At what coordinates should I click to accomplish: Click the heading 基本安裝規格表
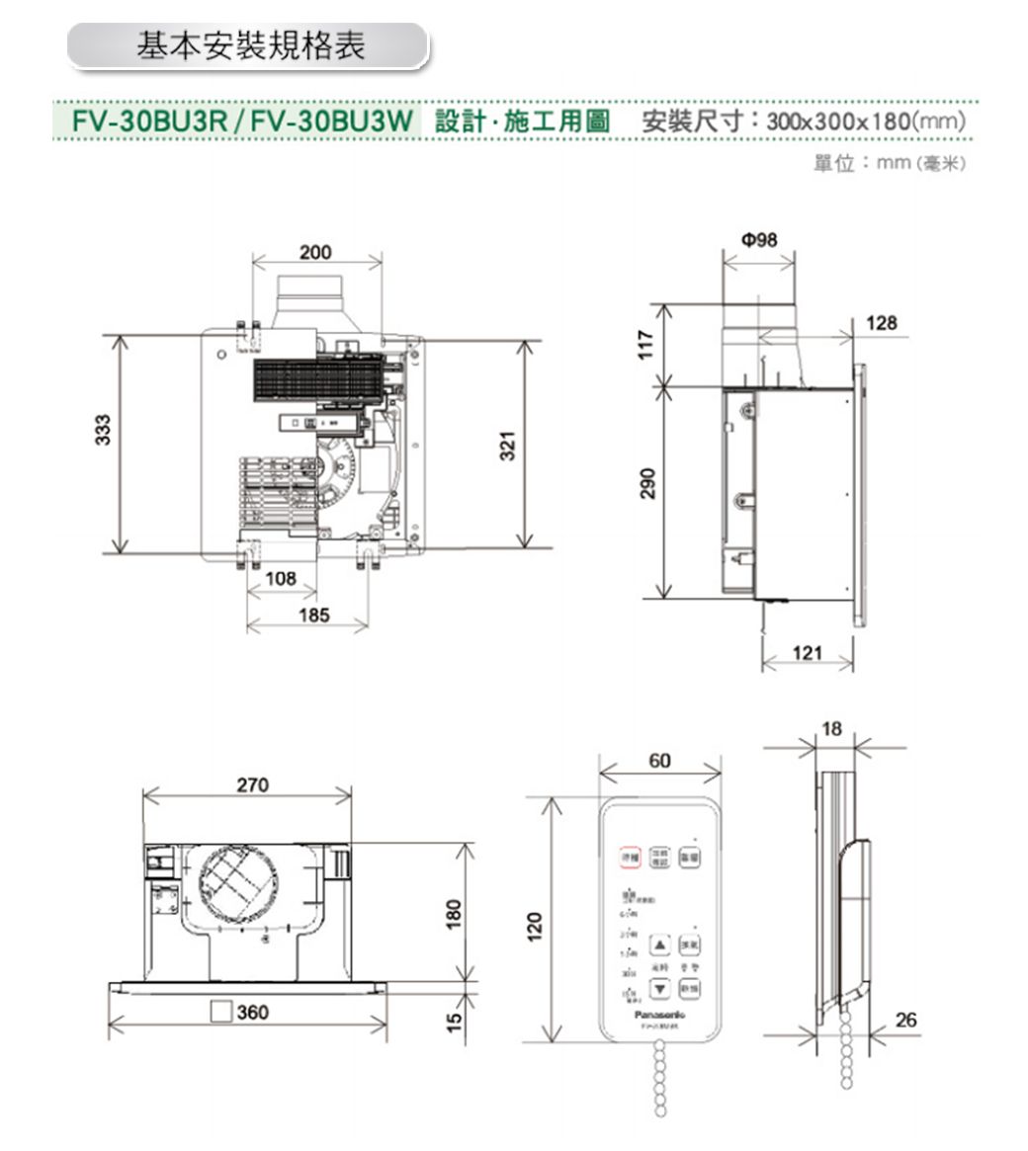(250, 46)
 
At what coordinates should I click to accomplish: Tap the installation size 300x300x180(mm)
(864, 123)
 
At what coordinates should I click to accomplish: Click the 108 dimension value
(281, 578)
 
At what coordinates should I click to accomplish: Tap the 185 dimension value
(313, 616)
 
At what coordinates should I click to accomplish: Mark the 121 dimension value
(807, 653)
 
